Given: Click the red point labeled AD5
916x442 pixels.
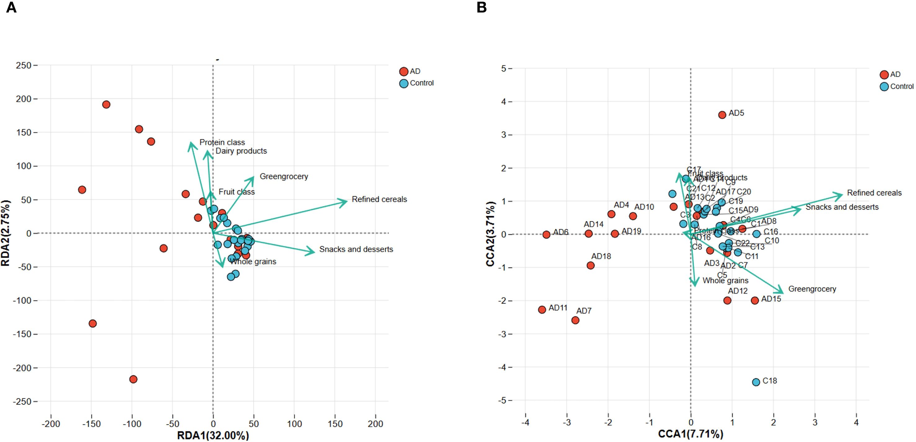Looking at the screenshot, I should [x=722, y=115].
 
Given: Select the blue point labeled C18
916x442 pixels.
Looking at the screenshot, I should [x=756, y=382].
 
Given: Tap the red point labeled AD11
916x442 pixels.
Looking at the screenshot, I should [x=542, y=309].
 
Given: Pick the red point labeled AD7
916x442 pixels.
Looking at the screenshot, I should [x=575, y=320].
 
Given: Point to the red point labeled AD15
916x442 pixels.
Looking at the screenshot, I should [x=755, y=300].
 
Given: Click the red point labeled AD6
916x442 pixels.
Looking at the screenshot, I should [x=546, y=234].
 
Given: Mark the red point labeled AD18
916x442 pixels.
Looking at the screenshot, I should [x=590, y=265].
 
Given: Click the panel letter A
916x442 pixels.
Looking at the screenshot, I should [x=11, y=8].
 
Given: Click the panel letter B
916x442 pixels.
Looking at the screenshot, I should [x=481, y=8].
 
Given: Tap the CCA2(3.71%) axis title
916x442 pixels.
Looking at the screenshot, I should [x=491, y=234].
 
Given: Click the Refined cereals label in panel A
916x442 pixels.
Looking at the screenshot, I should [x=379, y=199].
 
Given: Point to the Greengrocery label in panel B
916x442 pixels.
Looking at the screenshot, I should [x=812, y=289].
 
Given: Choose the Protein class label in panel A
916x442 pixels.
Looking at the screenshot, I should [x=222, y=143].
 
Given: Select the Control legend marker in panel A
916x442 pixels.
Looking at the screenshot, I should [x=404, y=83].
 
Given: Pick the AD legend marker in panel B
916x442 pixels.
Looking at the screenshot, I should [x=884, y=75].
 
